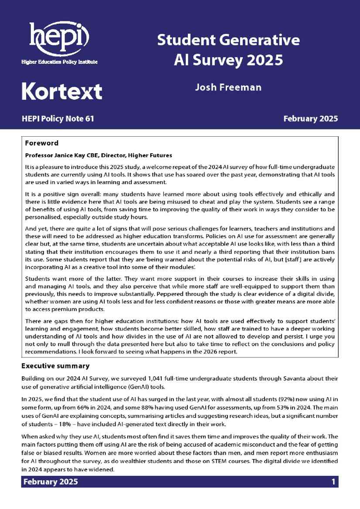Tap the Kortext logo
62,91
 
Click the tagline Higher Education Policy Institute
60,62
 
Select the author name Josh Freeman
228,87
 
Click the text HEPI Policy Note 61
58,118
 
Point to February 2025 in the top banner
310,118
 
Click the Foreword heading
41,143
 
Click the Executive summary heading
55,366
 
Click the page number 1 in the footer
333,482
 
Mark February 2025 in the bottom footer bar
51,482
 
